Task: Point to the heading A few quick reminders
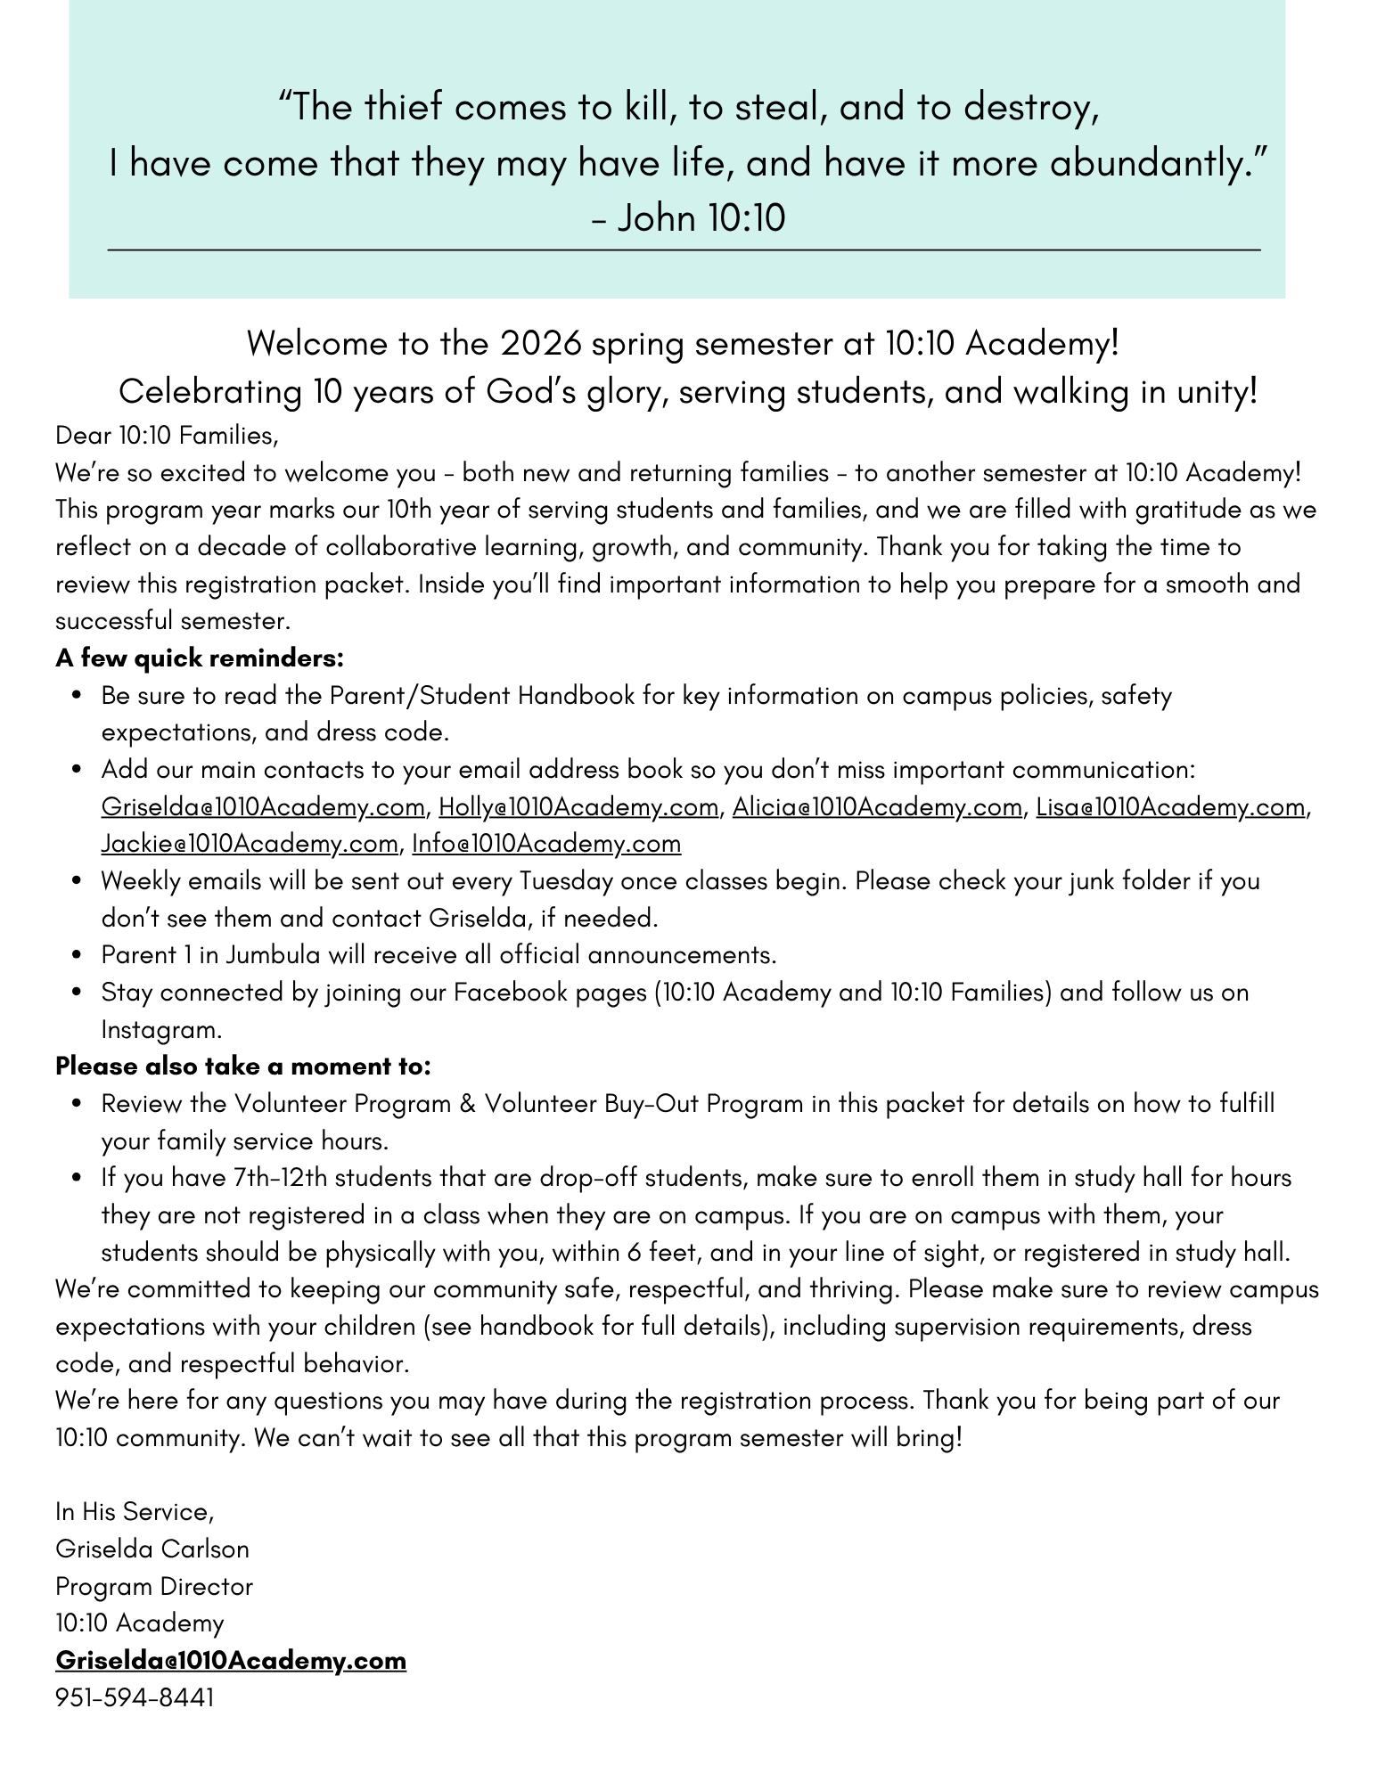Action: click(199, 658)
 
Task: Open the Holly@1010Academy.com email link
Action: click(578, 806)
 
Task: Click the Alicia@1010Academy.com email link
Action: click(876, 806)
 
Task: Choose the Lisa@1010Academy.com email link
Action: click(1169, 806)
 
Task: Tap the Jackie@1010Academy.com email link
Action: click(249, 843)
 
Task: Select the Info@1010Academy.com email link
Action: click(546, 843)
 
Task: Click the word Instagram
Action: click(160, 1030)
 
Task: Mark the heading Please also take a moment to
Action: click(242, 1066)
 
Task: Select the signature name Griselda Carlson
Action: click(152, 1549)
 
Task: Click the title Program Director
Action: click(154, 1586)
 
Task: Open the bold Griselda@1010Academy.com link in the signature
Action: click(231, 1660)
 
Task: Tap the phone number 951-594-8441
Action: click(135, 1697)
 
